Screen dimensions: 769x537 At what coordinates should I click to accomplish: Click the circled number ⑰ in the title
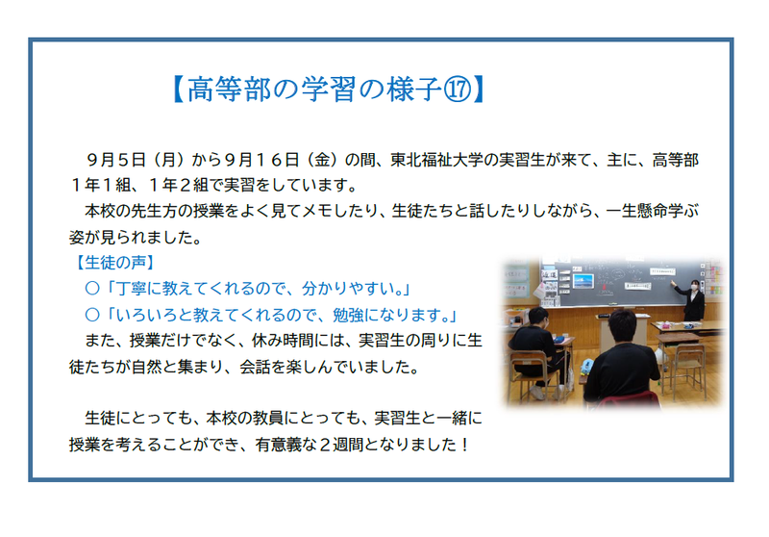click(458, 89)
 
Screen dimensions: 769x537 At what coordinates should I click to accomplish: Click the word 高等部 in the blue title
click(229, 89)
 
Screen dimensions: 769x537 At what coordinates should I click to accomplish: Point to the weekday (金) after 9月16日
click(322, 160)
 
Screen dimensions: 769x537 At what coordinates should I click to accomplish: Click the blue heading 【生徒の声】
click(115, 263)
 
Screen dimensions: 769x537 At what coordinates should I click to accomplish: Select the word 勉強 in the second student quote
click(348, 315)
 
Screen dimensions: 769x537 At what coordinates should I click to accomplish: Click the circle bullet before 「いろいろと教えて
click(92, 315)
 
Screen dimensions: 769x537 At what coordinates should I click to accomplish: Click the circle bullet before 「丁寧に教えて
click(92, 289)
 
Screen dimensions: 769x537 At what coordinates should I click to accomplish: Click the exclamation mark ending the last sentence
click(465, 445)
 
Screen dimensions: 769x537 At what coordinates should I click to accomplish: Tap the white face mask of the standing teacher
click(694, 287)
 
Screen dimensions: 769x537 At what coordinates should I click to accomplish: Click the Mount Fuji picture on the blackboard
click(583, 281)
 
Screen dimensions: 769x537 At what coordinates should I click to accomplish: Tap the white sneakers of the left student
click(539, 393)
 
